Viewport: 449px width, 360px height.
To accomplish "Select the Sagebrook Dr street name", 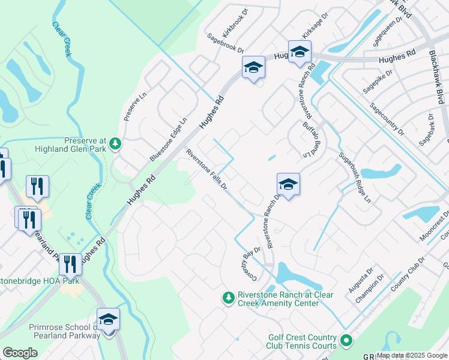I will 226,43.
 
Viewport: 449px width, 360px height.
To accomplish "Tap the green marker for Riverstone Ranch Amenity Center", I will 228,297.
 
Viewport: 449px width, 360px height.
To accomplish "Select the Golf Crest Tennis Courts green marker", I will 346,341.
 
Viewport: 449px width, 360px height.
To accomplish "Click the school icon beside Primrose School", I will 108,319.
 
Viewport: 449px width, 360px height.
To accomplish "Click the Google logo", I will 20,353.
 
